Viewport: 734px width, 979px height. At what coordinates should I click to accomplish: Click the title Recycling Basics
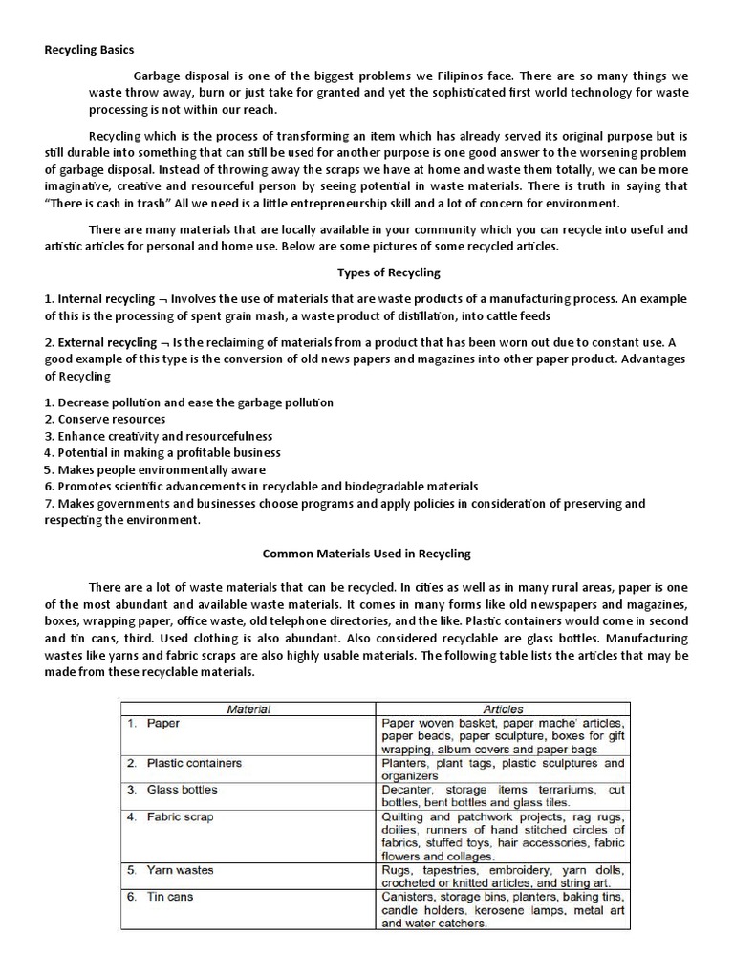point(90,49)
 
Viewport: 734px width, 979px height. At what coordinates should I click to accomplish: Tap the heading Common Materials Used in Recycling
point(366,554)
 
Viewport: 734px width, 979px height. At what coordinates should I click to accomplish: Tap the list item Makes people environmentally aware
point(166,469)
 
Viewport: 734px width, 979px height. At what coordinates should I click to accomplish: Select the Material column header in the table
point(248,709)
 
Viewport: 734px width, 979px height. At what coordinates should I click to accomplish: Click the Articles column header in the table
point(503,709)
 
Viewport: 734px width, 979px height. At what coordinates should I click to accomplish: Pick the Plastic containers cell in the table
point(194,763)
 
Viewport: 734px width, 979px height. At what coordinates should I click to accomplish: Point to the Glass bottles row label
point(182,790)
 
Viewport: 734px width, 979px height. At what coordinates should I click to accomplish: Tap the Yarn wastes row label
point(180,870)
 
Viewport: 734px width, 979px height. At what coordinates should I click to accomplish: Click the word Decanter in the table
point(407,790)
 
